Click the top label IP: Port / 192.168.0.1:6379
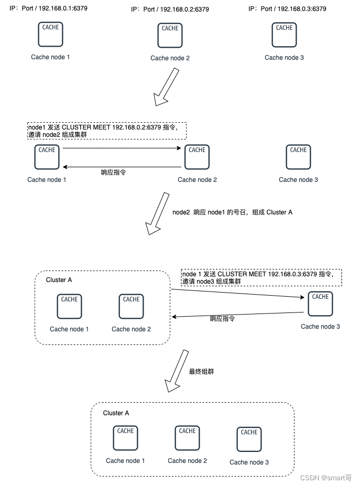(48, 9)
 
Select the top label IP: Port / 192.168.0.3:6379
(287, 9)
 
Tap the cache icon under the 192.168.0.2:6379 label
(170, 35)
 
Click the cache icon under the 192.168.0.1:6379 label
(50, 34)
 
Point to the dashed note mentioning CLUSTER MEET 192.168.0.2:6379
(107, 131)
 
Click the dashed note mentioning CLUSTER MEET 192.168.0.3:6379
(261, 277)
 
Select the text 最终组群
(201, 371)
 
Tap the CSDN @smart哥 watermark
(326, 478)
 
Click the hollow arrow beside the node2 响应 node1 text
(157, 213)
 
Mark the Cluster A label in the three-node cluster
(116, 413)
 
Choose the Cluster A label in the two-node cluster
(59, 280)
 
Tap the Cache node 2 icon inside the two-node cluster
(131, 306)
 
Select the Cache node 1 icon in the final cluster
(125, 438)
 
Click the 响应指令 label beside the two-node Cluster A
(222, 319)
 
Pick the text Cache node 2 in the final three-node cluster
(187, 461)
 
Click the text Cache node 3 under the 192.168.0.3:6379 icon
(284, 58)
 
